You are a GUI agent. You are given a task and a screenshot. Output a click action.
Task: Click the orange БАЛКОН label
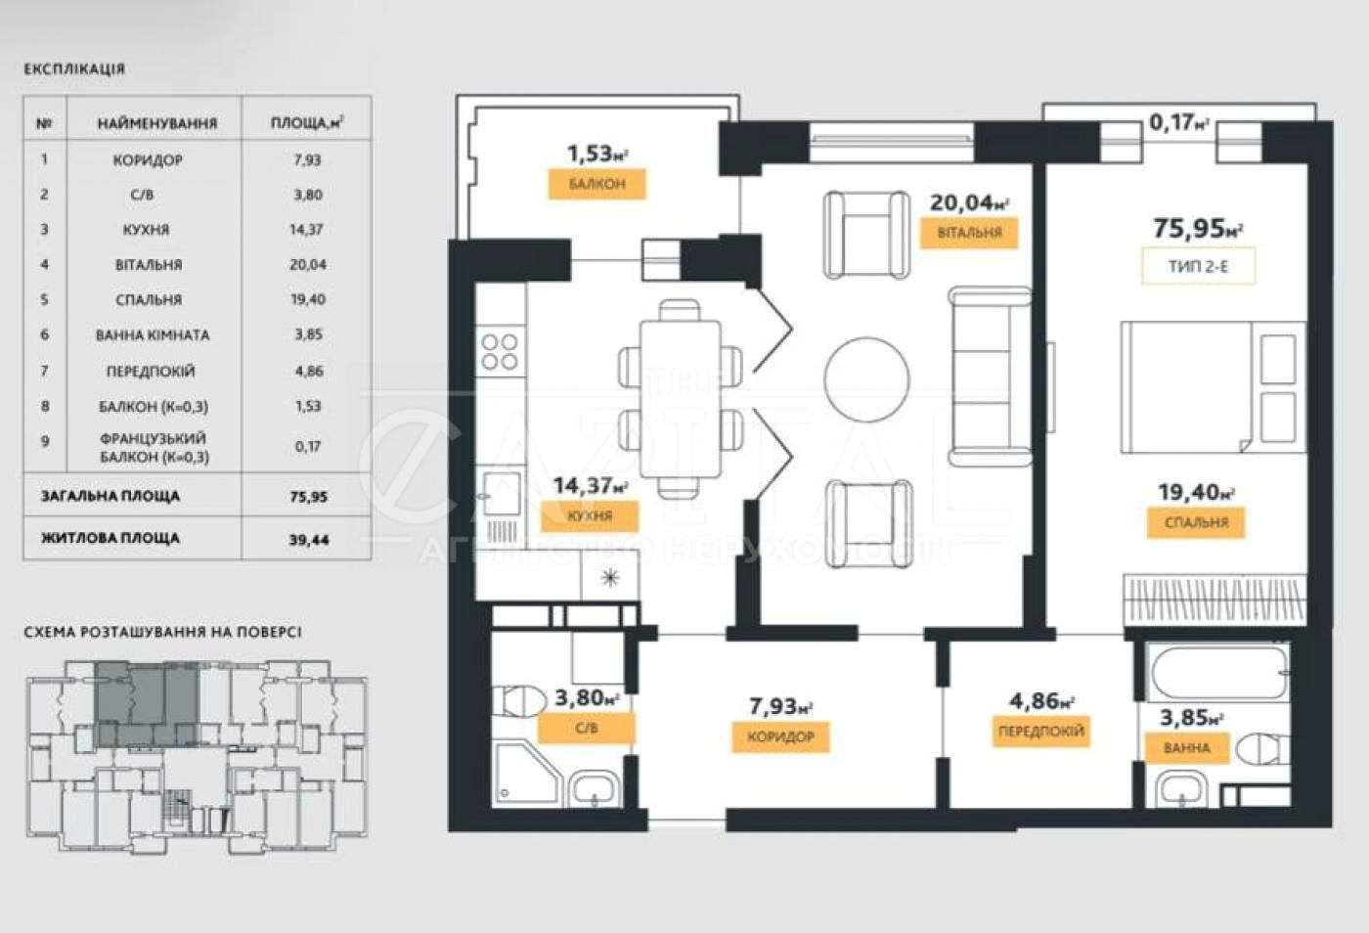[x=596, y=184]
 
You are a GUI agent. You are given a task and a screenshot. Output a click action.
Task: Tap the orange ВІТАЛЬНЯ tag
[x=969, y=233]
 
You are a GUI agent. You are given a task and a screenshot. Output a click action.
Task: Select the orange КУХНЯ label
[x=590, y=516]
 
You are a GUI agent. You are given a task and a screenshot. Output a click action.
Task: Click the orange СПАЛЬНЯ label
[x=1196, y=523]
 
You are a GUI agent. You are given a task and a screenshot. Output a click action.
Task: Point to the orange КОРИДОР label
[x=780, y=736]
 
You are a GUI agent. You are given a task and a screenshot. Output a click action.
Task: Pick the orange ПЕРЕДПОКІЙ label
[x=1041, y=732]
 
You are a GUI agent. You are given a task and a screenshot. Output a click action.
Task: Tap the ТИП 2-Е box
[x=1199, y=266]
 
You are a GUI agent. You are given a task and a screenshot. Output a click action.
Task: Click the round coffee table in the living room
[x=866, y=379]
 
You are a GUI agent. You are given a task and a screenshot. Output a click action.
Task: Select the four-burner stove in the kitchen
[x=500, y=351]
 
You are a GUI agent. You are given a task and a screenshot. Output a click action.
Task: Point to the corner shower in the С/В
[x=526, y=774]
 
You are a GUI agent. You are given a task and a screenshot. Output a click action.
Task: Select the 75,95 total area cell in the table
[x=309, y=497]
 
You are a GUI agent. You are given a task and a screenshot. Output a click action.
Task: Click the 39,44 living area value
[x=309, y=539]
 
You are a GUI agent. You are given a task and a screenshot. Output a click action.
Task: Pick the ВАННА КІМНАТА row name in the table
[x=153, y=335]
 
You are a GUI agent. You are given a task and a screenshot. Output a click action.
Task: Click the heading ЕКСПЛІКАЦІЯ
[x=74, y=69]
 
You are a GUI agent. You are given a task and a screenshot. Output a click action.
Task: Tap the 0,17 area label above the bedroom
[x=1179, y=122]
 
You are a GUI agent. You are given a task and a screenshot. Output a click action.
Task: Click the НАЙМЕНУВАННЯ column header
[x=157, y=123]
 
